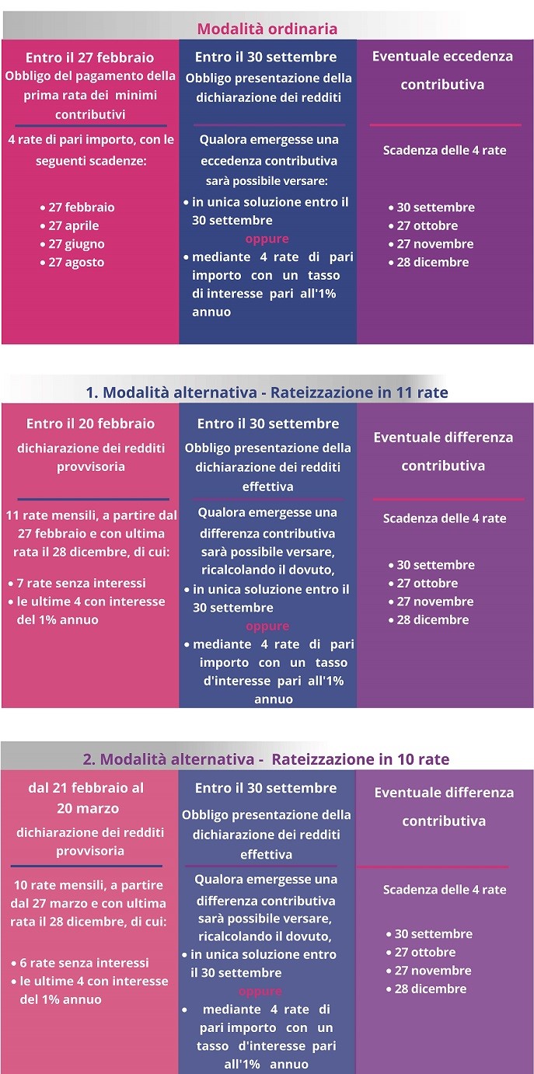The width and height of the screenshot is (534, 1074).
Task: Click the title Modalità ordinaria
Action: coord(267,29)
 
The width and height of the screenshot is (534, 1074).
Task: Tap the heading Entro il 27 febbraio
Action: coord(89,58)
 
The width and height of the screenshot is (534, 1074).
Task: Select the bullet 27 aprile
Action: coord(73,225)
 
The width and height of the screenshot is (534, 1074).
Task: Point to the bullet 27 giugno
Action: coord(75,244)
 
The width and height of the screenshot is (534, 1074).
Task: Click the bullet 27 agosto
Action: coord(75,263)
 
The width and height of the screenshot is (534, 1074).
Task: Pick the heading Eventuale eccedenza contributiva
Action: coord(442,70)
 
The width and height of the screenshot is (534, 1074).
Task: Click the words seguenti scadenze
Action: coord(91,162)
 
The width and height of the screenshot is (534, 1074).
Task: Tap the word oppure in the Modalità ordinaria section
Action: coord(267,239)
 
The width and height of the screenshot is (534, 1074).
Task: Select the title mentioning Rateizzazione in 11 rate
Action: coord(267,392)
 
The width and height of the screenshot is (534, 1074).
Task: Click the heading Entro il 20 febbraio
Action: coord(90,424)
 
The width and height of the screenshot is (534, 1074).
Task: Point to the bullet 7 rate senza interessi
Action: coord(81,583)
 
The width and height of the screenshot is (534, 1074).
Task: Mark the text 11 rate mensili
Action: coord(48,515)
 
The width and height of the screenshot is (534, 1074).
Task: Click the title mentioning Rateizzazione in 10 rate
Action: coord(266,759)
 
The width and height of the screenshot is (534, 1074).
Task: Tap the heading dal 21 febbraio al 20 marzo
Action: coord(86,797)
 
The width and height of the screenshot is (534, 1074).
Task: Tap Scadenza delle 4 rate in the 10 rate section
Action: coord(445,890)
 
